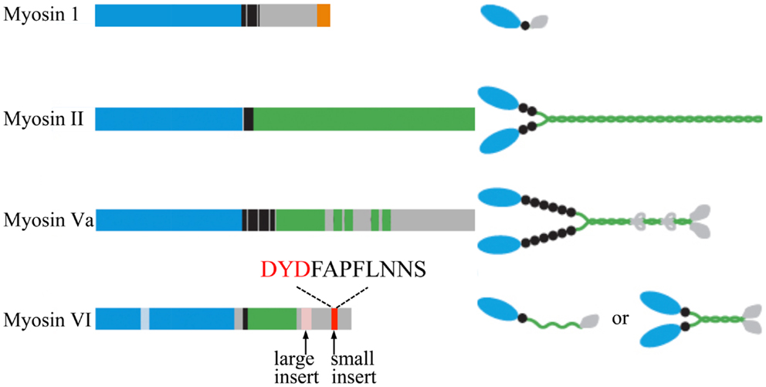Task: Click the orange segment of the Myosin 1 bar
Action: (324, 15)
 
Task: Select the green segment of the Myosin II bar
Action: (364, 119)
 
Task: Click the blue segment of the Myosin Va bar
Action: (168, 220)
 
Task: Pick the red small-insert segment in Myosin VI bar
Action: (334, 318)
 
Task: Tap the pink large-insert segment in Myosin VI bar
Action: (307, 318)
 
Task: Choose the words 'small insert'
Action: (353, 367)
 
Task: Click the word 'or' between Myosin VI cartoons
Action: (620, 319)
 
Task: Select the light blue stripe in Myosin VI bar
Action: (145, 318)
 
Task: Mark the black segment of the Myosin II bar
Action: (248, 119)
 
